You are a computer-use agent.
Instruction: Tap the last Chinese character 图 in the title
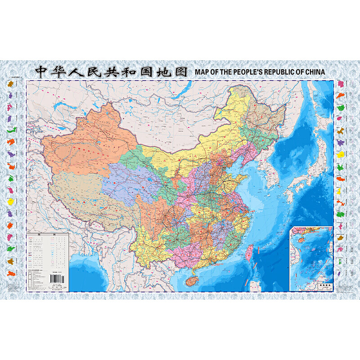coord(180,72)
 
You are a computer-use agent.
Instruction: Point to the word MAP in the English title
coord(202,72)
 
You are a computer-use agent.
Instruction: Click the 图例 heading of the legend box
coord(47,235)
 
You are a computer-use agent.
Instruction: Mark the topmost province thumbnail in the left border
coord(9,84)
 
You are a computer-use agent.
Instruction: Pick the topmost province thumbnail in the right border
coord(341,84)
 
